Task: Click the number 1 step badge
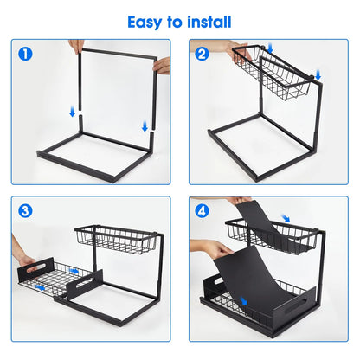tap(27, 54)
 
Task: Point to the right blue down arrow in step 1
tap(145, 126)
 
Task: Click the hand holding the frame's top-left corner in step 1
tap(77, 45)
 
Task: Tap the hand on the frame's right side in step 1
tap(162, 65)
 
